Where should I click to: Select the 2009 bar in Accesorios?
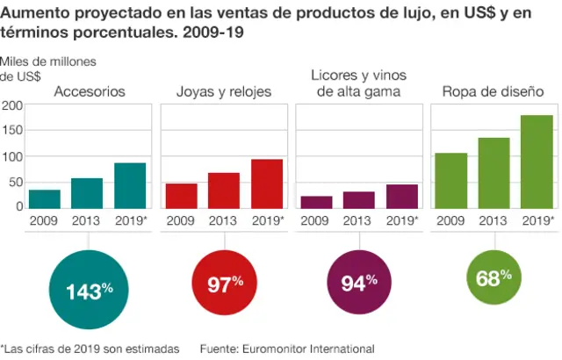45,198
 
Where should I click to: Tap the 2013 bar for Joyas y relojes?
224,190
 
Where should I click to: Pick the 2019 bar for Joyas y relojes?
267,184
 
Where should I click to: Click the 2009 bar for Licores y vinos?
316,202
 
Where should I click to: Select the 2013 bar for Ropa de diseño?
494,172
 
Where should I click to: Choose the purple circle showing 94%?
359,283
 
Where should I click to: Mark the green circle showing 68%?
494,279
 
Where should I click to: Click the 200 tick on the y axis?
12,105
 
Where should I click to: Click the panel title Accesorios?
90,91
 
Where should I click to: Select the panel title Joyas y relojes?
224,91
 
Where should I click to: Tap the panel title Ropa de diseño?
493,91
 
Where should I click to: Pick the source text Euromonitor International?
286,349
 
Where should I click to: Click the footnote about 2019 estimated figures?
90,349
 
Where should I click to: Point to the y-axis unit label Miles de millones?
48,62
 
